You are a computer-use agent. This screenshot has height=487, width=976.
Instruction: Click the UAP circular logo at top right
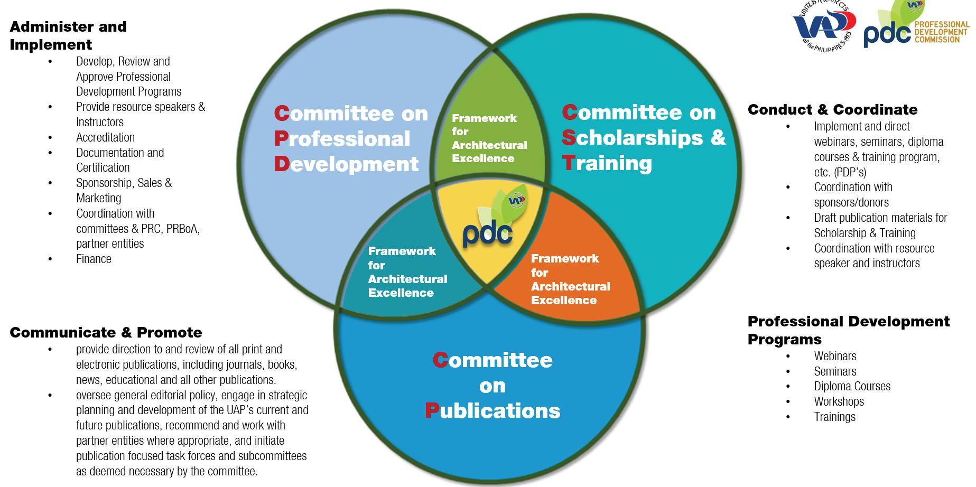pyautogui.click(x=824, y=24)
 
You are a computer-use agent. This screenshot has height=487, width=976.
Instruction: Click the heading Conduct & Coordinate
pyautogui.click(x=832, y=109)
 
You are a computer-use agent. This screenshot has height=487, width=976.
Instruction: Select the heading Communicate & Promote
pyautogui.click(x=106, y=332)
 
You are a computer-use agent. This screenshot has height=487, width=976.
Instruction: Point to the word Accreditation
pyautogui.click(x=105, y=137)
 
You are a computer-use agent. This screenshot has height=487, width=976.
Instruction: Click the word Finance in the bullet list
pyautogui.click(x=94, y=259)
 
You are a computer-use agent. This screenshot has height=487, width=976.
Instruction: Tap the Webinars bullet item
pyautogui.click(x=835, y=356)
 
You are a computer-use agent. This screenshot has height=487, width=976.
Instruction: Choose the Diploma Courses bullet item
pyautogui.click(x=852, y=386)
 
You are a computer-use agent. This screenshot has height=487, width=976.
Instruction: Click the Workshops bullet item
pyautogui.click(x=839, y=401)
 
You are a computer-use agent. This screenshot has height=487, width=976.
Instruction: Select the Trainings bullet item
pyautogui.click(x=834, y=417)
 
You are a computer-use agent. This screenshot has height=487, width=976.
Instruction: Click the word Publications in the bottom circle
pyautogui.click(x=492, y=411)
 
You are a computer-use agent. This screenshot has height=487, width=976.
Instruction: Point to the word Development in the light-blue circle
pyautogui.click(x=346, y=164)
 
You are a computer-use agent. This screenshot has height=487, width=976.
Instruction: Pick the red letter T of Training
pyautogui.click(x=568, y=163)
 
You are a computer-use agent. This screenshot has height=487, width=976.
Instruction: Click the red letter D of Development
pyautogui.click(x=282, y=164)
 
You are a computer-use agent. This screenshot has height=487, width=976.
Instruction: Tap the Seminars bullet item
pyautogui.click(x=835, y=371)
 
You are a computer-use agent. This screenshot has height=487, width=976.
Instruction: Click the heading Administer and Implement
pyautogui.click(x=68, y=35)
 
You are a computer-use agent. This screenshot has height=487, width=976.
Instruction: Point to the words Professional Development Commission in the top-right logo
pyautogui.click(x=942, y=32)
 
